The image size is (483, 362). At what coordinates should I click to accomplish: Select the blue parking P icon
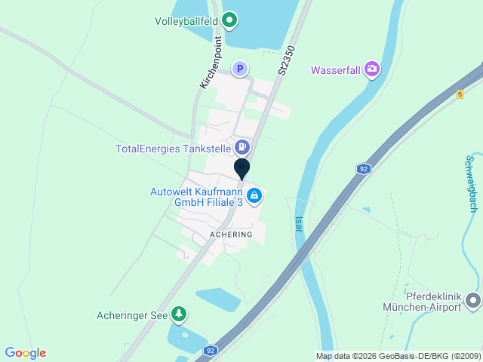239,69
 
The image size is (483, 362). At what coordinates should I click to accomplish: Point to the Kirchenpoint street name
211,63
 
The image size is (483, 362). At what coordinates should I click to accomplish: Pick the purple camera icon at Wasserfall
372,70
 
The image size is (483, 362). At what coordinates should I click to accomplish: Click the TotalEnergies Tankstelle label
173,149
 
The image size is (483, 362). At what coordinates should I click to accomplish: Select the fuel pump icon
242,147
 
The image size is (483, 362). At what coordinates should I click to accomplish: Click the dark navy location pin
242,168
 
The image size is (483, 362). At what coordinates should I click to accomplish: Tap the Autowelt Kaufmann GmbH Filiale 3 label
196,198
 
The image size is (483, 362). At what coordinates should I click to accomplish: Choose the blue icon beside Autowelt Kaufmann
255,196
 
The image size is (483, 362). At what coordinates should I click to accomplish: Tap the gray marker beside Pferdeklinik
473,301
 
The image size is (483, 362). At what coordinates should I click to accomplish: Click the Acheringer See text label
132,315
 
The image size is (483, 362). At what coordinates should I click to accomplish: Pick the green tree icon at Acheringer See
179,313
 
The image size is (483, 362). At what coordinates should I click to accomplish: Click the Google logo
25,353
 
